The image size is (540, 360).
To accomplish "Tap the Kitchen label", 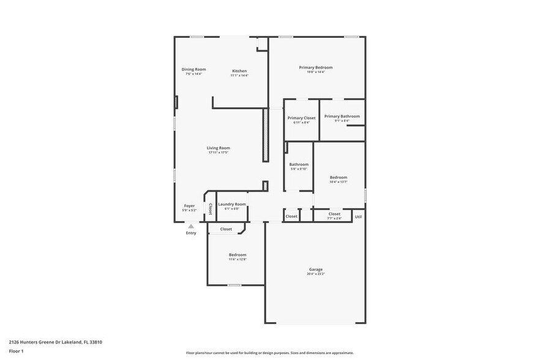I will point(239,71).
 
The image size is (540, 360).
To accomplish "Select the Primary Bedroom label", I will point(315,67).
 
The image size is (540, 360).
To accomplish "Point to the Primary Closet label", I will point(301,118).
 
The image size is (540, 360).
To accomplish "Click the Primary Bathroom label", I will point(342,116).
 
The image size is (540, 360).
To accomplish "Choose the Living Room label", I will point(218,148).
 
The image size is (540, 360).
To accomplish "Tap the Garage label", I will point(315,269).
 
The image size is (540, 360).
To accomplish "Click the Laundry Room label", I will point(232,204).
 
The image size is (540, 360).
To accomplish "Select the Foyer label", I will point(189,206).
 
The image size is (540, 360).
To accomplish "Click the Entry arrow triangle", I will point(191,227).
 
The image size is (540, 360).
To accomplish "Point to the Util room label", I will point(358,216).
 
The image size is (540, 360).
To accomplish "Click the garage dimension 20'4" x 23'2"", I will point(315,274).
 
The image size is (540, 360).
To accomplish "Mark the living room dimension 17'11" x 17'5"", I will point(218,152).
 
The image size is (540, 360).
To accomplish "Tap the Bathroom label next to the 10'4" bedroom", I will point(299,164).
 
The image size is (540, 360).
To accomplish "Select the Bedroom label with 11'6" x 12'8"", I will point(238,255).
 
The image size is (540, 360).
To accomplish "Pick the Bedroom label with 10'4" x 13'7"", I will point(338,178).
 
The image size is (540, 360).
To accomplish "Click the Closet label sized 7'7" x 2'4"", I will point(334,214).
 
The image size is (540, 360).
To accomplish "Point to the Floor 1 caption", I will point(16,351).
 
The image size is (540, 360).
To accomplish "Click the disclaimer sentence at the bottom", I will point(269,353).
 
